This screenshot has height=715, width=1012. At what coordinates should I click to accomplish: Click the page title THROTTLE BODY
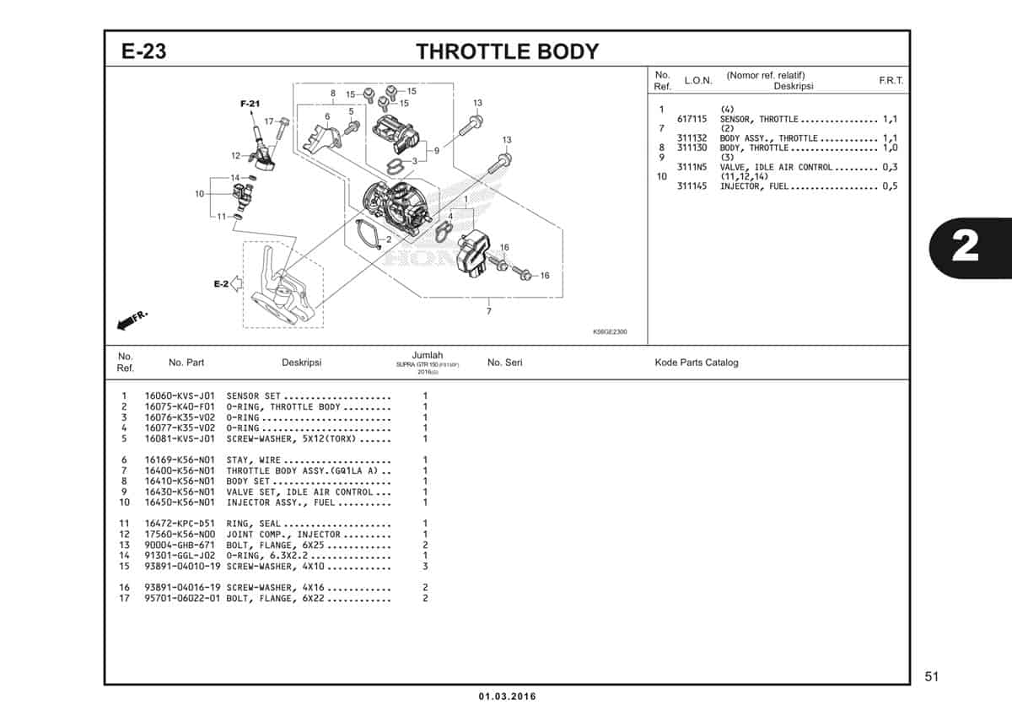(x=507, y=51)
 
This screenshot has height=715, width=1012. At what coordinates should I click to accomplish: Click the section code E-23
(x=143, y=51)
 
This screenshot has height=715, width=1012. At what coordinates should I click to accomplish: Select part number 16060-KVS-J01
(x=180, y=395)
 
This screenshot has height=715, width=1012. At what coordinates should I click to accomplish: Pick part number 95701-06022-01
(x=180, y=599)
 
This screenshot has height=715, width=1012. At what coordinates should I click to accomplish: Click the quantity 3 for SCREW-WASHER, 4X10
(x=425, y=566)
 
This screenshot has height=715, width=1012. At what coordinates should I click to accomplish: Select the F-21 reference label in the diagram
(x=250, y=103)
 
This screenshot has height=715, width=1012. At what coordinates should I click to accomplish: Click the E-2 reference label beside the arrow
(x=221, y=284)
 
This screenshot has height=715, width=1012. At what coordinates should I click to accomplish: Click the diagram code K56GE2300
(x=610, y=331)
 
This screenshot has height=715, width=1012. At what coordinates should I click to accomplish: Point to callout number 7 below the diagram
(x=489, y=311)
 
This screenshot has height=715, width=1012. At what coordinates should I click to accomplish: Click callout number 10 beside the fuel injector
(x=200, y=194)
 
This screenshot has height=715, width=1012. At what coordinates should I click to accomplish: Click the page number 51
(x=931, y=676)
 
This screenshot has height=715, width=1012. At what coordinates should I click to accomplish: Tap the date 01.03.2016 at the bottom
(x=507, y=696)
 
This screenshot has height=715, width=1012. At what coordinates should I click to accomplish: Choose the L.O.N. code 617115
(x=692, y=120)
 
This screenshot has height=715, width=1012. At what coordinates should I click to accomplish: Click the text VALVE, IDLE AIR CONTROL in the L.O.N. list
(x=776, y=167)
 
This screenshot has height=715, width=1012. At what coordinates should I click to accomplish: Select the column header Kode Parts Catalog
(x=696, y=363)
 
